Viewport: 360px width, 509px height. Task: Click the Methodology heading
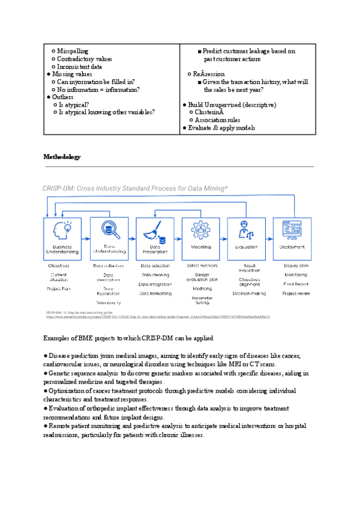point(62,157)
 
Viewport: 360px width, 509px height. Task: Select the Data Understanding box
point(109,238)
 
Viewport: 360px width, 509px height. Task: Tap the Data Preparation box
point(155,238)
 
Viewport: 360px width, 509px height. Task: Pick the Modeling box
point(201,238)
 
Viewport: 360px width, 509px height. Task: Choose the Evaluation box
point(247,238)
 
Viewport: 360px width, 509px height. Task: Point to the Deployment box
point(292,238)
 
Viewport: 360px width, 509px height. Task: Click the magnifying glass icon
point(110,230)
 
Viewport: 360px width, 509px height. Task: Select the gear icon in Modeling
point(201,230)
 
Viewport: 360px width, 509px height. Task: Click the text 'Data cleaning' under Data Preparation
point(155,275)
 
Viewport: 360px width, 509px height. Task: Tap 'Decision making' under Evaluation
point(250,294)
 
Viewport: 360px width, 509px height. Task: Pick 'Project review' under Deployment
point(296,294)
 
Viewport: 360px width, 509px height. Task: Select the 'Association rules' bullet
point(218,120)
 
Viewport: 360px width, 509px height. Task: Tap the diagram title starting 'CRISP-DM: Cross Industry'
point(135,188)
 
